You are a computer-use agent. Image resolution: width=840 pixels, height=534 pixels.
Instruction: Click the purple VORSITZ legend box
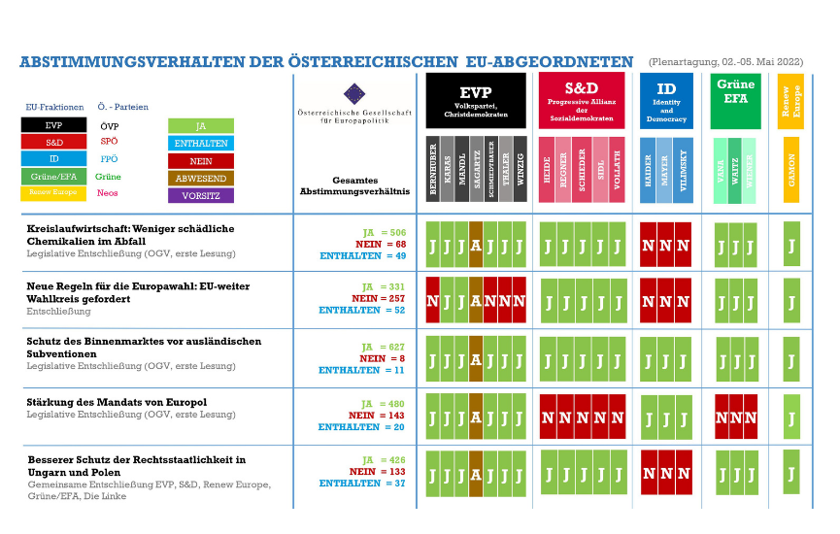click(x=201, y=195)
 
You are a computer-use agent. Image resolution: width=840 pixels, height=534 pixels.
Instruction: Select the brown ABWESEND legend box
click(x=201, y=178)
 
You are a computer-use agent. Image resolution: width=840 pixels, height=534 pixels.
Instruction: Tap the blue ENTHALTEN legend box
click(x=201, y=143)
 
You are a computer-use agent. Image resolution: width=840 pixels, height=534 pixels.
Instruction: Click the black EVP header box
click(x=476, y=101)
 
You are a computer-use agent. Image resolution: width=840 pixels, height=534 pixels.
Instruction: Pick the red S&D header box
click(x=582, y=101)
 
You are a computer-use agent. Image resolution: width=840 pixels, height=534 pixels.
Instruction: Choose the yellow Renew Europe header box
click(x=791, y=101)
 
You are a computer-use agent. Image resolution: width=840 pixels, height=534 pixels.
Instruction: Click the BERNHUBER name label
click(x=433, y=172)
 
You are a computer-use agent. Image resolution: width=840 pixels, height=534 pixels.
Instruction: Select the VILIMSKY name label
click(x=684, y=172)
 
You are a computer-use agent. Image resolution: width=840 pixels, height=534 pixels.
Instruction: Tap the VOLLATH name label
click(x=617, y=172)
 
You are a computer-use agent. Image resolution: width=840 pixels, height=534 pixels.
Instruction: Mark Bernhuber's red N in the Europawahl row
click(x=433, y=302)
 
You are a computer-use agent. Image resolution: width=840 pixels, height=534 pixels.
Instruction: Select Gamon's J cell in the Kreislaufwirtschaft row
click(x=791, y=244)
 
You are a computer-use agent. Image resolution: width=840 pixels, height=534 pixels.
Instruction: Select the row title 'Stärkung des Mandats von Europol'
click(x=117, y=402)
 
